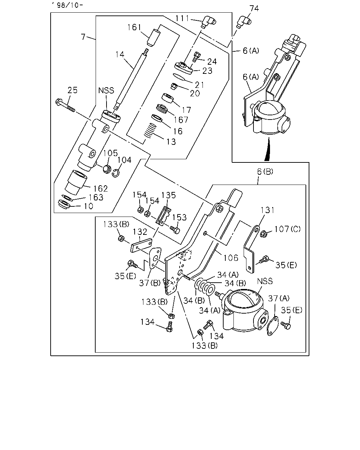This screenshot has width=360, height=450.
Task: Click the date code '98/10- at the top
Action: coord(67,5)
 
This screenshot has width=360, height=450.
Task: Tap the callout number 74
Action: coord(254,8)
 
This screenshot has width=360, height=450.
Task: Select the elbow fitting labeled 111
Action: coord(209,22)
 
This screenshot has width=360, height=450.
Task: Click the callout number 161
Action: coord(134,27)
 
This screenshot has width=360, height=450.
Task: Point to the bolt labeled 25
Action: coord(65,105)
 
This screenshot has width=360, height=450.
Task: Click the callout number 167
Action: coord(181,120)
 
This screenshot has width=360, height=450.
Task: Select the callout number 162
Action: coord(101,189)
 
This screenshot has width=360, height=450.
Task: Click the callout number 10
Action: coord(89,206)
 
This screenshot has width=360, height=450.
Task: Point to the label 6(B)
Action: coord(265,172)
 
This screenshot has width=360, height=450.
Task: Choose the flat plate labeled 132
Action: coord(141,245)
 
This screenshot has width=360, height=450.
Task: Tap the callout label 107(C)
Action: coord(287,229)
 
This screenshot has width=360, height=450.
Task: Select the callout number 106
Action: coord(231,258)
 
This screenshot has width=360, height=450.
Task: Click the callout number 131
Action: coord(268,210)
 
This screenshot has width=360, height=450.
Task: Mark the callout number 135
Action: coord(168,195)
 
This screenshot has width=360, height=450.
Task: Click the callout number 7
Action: coord(83,37)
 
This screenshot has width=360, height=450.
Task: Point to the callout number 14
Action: coord(120,54)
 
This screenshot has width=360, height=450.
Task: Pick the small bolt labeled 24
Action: coord(196,57)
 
